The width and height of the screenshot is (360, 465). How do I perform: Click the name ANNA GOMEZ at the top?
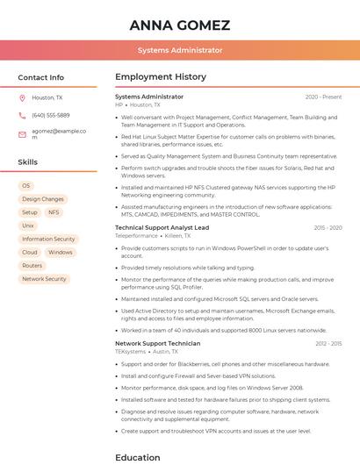click(x=179, y=25)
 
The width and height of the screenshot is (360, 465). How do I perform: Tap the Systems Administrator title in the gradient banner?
click(x=180, y=51)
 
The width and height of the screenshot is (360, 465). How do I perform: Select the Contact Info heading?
click(x=41, y=77)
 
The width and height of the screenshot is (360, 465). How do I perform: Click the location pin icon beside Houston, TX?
click(x=22, y=98)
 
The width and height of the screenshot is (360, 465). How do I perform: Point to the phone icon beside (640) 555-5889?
click(x=22, y=115)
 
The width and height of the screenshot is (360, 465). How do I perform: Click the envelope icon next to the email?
click(x=22, y=135)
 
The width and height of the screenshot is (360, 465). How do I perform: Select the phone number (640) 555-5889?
click(x=51, y=115)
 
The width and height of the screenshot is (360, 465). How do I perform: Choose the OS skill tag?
click(x=26, y=186)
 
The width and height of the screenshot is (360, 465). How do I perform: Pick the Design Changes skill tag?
click(x=43, y=199)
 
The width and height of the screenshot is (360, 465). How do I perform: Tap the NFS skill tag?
click(x=54, y=212)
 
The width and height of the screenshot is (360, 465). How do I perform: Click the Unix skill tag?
click(x=28, y=225)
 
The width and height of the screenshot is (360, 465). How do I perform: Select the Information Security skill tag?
click(x=48, y=239)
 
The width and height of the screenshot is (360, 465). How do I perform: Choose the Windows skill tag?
click(x=61, y=253)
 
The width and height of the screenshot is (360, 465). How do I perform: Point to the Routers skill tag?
click(x=32, y=266)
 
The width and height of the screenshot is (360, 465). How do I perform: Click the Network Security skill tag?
click(x=44, y=279)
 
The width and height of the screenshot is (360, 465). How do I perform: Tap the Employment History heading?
click(x=161, y=77)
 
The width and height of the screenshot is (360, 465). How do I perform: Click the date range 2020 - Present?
click(x=323, y=97)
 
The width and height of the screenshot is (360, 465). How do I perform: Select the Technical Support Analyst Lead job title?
click(x=162, y=227)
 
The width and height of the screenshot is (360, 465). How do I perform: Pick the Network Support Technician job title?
click(x=157, y=343)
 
